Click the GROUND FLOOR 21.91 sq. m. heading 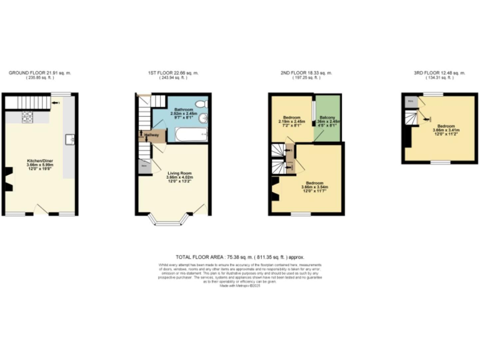pyautogui.click(x=40, y=73)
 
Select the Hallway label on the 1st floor pyautogui.click(x=152, y=134)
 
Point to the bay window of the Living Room pyautogui.click(x=167, y=220)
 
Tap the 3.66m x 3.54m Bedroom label pyautogui.click(x=315, y=186)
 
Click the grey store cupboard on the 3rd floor pyautogui.click(x=411, y=100)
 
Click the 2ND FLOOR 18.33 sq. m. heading pyautogui.click(x=306, y=73)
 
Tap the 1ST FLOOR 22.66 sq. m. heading pyautogui.click(x=174, y=73)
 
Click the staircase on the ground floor pyautogui.click(x=31, y=101)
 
